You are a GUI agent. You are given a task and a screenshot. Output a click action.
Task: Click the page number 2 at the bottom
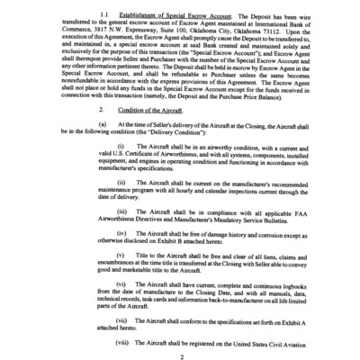pyautogui.click(x=180, y=355)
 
